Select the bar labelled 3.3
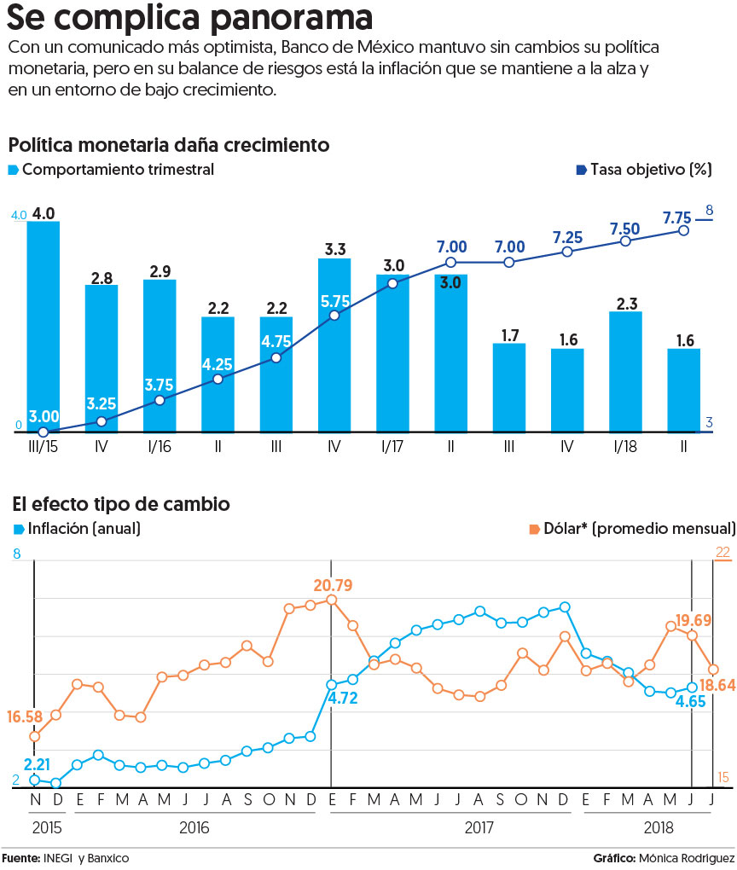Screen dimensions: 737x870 point(334,345)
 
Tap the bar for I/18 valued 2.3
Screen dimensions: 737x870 point(625,372)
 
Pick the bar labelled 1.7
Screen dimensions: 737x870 point(509,387)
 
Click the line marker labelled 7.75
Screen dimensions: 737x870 point(684,230)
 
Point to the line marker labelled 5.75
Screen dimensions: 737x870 point(334,315)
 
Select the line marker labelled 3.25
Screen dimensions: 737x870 point(101,421)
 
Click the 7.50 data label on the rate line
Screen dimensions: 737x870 point(625,229)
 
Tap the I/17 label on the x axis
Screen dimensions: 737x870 point(392,447)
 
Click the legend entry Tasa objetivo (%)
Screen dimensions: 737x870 point(644,169)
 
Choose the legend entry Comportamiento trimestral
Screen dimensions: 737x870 point(111,169)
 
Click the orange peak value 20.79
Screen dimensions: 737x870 point(333,585)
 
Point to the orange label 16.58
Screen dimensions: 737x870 point(25,716)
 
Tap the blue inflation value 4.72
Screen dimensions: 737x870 point(342,698)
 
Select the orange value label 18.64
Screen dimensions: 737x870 point(717,685)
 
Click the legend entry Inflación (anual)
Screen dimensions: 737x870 point(77,528)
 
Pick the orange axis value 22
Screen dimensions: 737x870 point(722,552)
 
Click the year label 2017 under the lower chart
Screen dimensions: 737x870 point(479,828)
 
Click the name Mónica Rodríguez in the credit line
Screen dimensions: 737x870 point(687,858)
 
